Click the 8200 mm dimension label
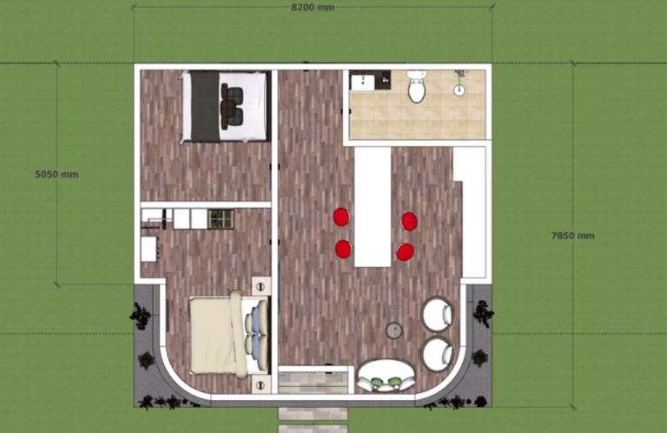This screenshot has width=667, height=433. pyautogui.click(x=313, y=7)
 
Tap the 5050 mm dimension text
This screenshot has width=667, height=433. pyautogui.click(x=56, y=174)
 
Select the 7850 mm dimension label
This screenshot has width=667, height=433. pyautogui.click(x=572, y=236)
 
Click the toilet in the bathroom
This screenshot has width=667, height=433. pyautogui.click(x=416, y=87)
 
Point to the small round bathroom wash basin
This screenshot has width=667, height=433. pyautogui.click(x=459, y=90)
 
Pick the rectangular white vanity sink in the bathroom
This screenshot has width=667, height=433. pyautogui.click(x=362, y=83)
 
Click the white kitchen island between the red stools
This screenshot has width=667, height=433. pyautogui.click(x=373, y=207)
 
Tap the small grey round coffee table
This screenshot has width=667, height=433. pyautogui.click(x=394, y=330)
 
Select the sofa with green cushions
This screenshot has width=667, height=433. pyautogui.click(x=386, y=376)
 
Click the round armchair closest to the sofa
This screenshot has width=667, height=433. pyautogui.click(x=438, y=354)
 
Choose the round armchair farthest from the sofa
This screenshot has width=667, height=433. pyautogui.click(x=438, y=313)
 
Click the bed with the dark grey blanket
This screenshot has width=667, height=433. pyautogui.click(x=225, y=106)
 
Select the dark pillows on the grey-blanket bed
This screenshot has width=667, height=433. pyautogui.click(x=232, y=105)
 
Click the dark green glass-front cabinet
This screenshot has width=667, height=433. pyautogui.click(x=221, y=219)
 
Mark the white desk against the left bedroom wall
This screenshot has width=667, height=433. pyautogui.click(x=149, y=249)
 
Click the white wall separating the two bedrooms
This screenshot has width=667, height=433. pyautogui.click(x=206, y=205)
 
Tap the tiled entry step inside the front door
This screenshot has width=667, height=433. pyautogui.click(x=313, y=383)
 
